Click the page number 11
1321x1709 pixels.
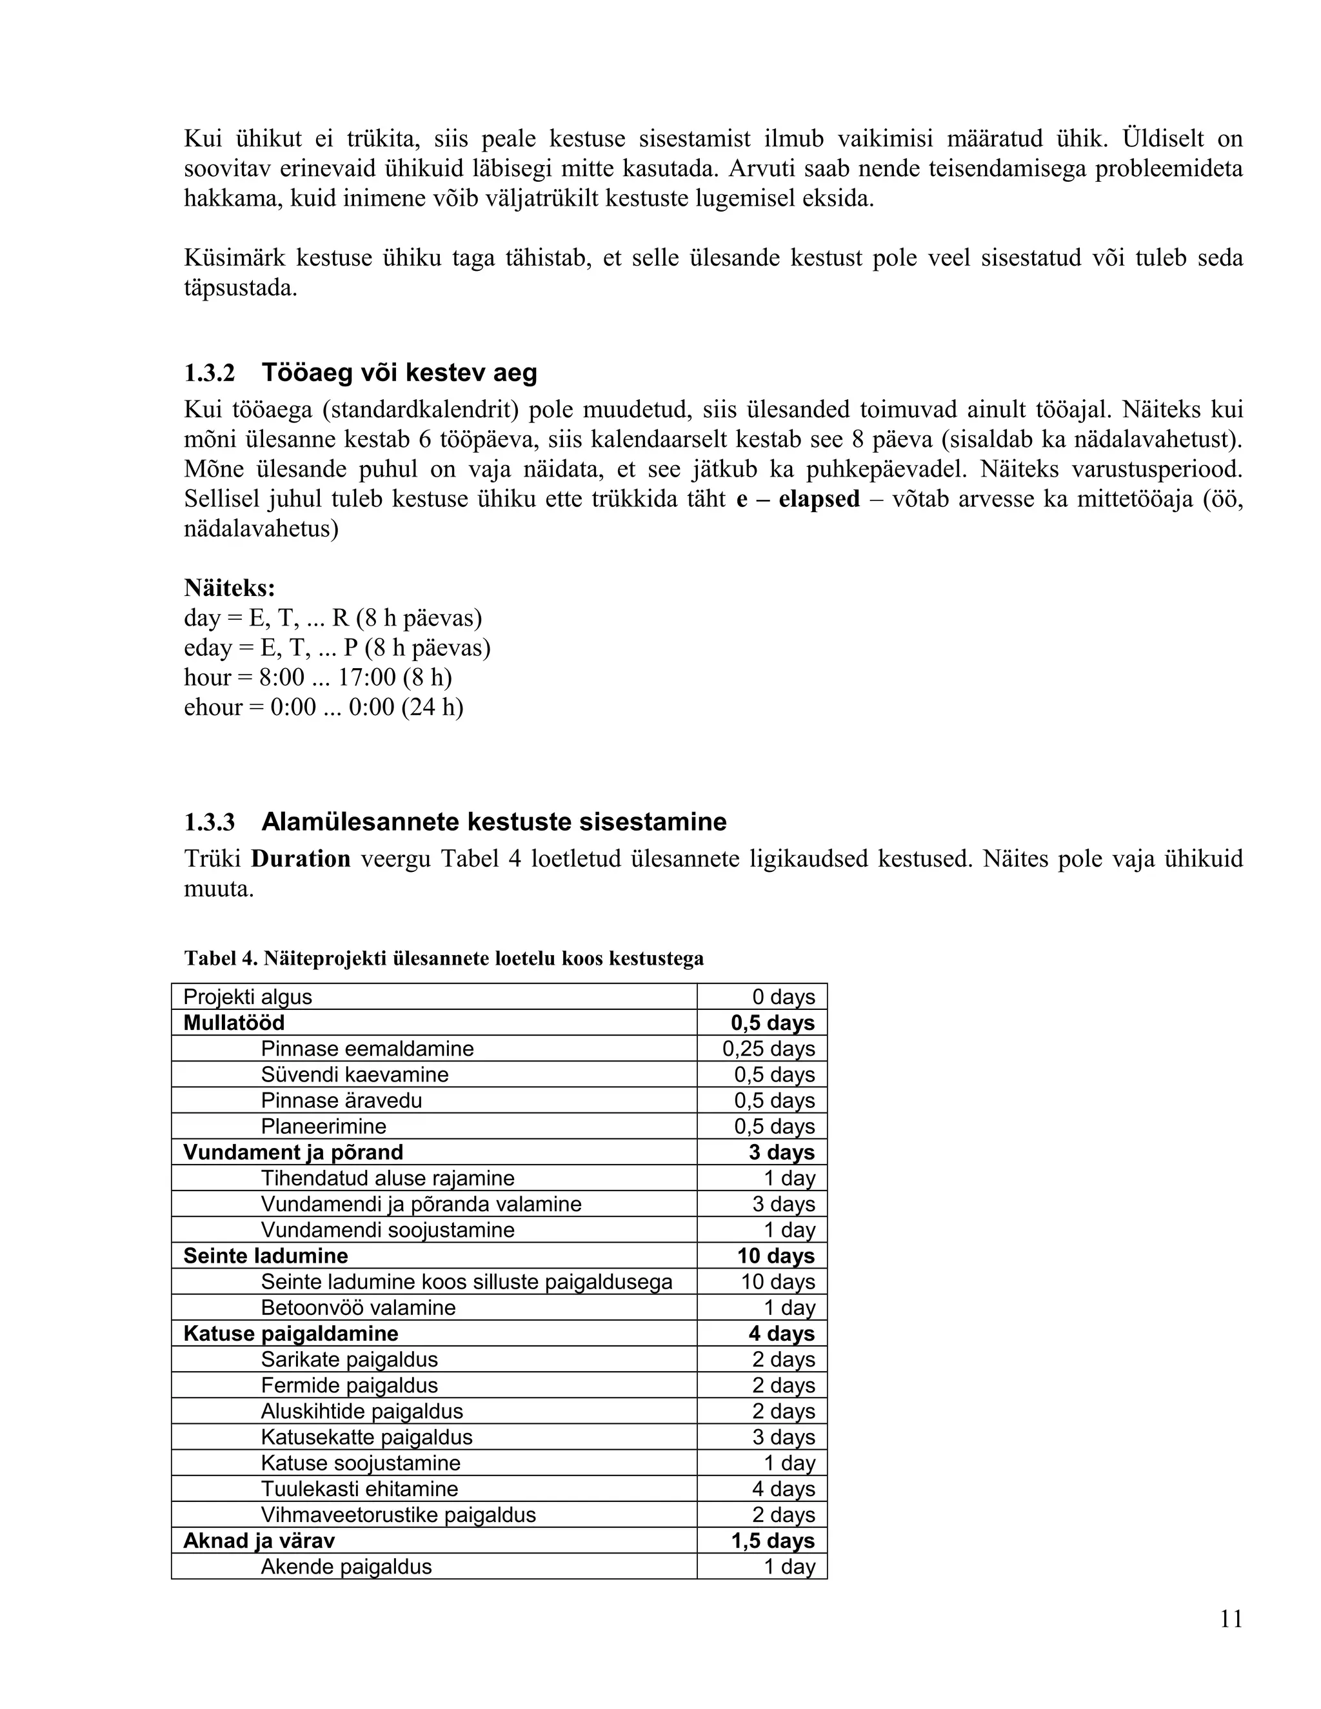[1231, 1619]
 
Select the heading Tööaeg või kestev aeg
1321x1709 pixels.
[399, 373]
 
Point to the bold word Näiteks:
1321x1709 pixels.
[229, 588]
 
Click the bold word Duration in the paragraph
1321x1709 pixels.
[301, 859]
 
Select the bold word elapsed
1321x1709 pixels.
[819, 499]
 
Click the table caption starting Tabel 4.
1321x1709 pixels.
[444, 958]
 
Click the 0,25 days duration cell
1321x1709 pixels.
[768, 1049]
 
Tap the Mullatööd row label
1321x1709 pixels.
[234, 1023]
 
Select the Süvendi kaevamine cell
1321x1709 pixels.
[355, 1074]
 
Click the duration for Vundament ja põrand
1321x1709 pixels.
[782, 1152]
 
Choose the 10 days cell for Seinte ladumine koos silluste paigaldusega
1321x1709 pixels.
[778, 1282]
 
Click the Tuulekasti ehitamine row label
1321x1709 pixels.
[359, 1489]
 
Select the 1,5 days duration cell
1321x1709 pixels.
[772, 1541]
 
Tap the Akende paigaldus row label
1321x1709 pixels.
[346, 1566]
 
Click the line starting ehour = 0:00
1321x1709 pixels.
[323, 707]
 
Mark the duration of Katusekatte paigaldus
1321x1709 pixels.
[783, 1437]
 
